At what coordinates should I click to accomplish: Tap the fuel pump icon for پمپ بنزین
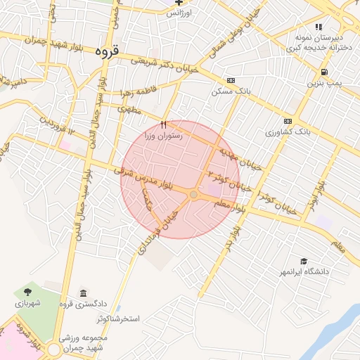pos(323,72)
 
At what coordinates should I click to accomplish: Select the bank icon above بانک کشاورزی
pos(288,120)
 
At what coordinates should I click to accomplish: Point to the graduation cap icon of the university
pos(304,260)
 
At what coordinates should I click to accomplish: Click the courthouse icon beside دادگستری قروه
pos(83,293)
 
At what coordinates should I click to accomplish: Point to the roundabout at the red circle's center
pos(193,194)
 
